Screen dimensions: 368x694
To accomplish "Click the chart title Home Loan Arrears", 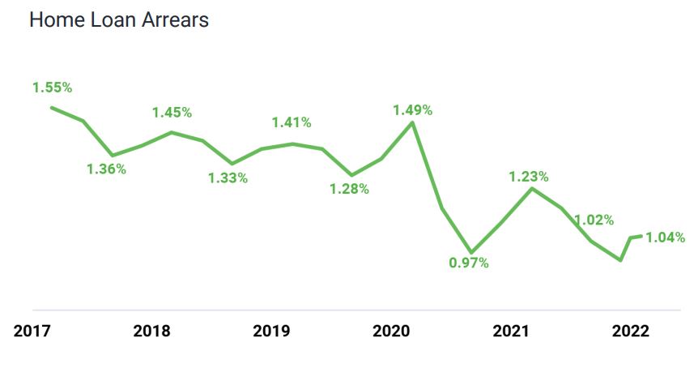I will [119, 20].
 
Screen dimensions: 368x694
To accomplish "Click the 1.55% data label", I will [53, 87].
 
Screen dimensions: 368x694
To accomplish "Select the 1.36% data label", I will [107, 169].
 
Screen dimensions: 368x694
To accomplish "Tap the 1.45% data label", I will [172, 113].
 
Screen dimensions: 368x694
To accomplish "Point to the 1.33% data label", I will [228, 178].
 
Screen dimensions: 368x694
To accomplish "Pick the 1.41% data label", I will [292, 122].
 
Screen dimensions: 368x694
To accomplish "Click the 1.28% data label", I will [349, 189].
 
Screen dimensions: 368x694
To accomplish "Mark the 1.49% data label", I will [412, 110].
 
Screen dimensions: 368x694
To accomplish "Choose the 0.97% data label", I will [470, 263].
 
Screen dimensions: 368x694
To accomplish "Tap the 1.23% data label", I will [529, 176].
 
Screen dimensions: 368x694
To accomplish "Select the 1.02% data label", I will [594, 220].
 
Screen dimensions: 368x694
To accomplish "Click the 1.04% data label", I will [665, 237].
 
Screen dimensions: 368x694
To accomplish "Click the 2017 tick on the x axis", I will [32, 331].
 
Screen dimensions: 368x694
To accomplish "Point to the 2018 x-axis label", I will [152, 331].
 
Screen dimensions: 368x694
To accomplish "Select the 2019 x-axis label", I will [272, 331].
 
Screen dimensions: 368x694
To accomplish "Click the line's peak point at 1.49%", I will [412, 123].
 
